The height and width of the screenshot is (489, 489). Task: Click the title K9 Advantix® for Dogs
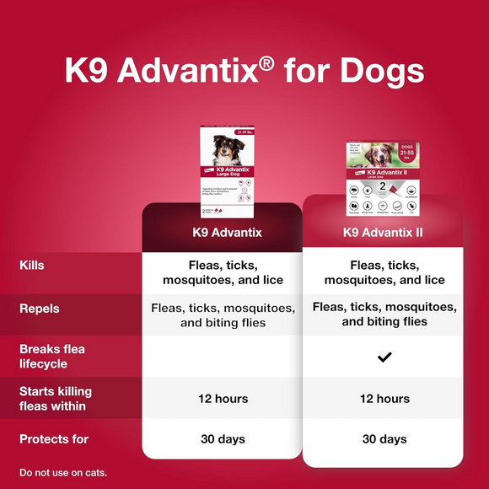244,70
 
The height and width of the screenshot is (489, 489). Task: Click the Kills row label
32,266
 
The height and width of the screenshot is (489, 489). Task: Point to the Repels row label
40,309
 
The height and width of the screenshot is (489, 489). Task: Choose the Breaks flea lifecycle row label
52,357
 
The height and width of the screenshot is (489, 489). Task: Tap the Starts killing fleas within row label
56,399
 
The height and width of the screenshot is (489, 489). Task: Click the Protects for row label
54,439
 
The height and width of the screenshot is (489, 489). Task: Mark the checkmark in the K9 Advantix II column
384,357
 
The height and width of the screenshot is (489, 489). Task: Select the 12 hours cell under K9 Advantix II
384,399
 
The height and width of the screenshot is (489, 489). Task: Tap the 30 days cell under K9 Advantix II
384,439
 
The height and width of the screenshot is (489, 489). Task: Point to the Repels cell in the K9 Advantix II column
384,314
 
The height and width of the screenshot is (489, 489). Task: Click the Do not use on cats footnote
63,471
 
